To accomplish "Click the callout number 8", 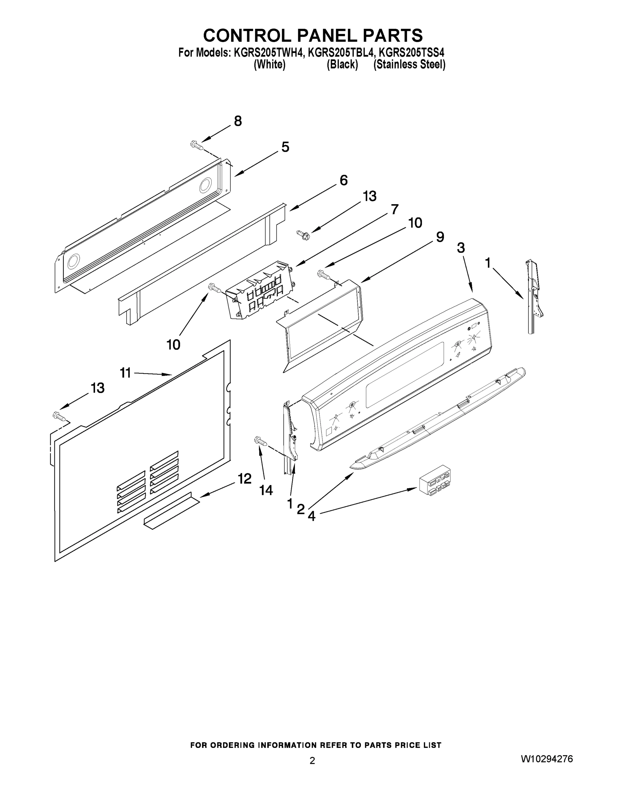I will (x=238, y=121).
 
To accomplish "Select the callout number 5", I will (x=285, y=147).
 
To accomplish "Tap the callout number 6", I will (x=343, y=180).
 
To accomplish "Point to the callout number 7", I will (x=395, y=209).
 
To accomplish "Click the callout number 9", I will (x=440, y=237).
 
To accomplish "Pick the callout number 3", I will (x=460, y=248).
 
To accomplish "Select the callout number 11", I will (x=126, y=373).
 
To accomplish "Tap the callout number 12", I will (x=244, y=479).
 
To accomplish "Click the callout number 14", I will (x=266, y=490).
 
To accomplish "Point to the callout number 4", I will (x=312, y=516).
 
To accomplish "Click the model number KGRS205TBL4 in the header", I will (x=341, y=53).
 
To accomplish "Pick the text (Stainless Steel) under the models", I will (x=409, y=64).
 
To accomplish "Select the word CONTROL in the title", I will (x=247, y=35).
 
